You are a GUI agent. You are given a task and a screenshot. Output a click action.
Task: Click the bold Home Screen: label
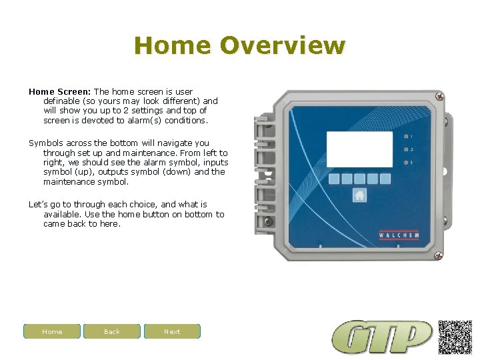click(59, 91)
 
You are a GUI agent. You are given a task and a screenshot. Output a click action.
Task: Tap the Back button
click(112, 331)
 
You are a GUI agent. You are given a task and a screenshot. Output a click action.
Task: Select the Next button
click(172, 331)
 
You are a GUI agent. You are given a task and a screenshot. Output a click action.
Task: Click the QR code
click(455, 337)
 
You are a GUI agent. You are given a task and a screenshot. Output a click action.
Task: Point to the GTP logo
click(383, 337)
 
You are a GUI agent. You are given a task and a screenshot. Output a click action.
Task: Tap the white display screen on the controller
click(359, 149)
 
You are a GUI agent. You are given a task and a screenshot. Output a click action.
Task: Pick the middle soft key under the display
click(359, 179)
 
